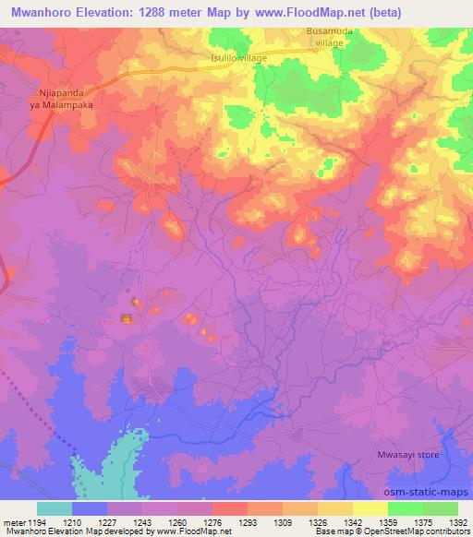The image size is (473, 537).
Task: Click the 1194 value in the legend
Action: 29,522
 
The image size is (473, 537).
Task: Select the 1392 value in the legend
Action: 457,522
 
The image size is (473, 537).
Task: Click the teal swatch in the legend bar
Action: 55,508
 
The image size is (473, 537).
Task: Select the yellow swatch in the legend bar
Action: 370,508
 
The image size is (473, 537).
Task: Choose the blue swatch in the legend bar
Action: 90,508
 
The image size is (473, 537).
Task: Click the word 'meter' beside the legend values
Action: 12,522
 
